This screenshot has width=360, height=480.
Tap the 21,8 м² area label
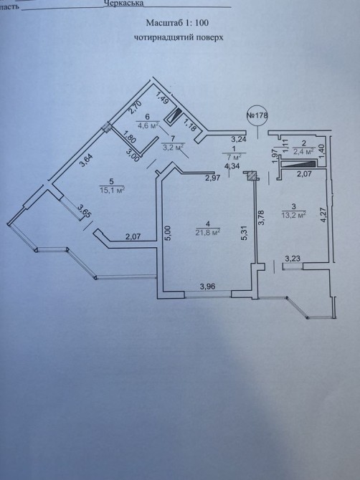pos(208,232)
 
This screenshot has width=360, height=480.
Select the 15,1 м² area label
pos(112,190)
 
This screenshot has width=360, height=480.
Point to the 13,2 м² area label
pos(294,214)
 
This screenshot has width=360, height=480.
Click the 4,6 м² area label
pos(148,125)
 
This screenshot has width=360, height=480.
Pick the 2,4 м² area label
pos(303,151)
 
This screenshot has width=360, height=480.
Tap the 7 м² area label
pos(234,157)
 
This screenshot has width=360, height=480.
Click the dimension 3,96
pos(208,287)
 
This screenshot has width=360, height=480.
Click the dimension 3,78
pos(261,218)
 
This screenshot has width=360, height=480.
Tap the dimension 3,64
pos(86,160)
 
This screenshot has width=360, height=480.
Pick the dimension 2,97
pos(213,178)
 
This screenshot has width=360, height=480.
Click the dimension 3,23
pos(293,259)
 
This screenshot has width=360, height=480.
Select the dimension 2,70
pos(135,107)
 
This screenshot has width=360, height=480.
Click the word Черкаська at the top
pos(124,3)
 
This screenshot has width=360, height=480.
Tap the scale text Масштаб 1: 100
pos(177,23)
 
